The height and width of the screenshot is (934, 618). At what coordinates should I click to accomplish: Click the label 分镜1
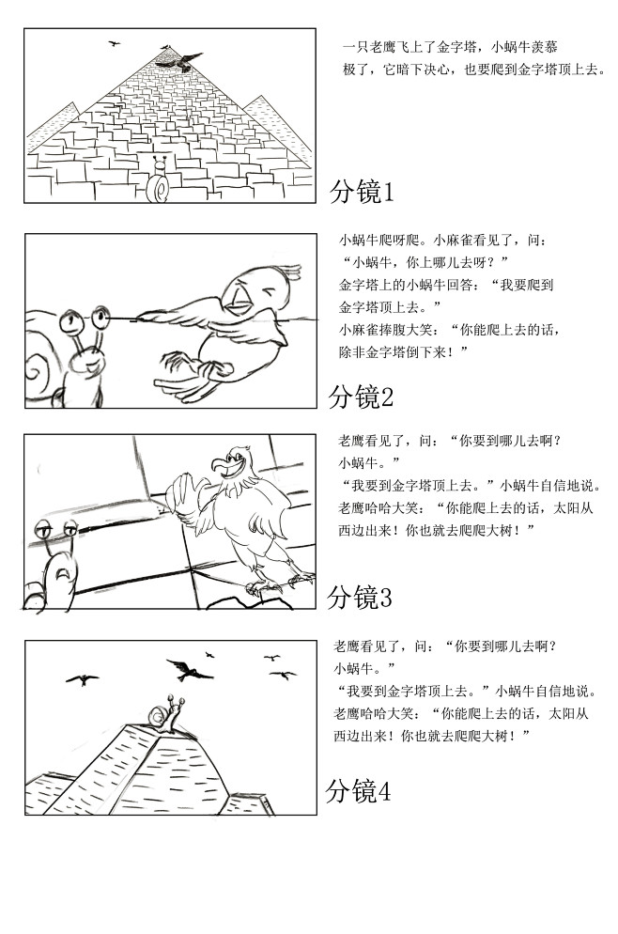362,193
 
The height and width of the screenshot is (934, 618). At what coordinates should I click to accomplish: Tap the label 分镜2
361,397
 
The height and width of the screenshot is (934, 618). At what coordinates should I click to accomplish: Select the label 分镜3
359,597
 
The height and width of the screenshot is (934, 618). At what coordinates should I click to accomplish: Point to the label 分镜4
358,792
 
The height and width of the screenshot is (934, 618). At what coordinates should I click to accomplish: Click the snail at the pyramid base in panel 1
161,183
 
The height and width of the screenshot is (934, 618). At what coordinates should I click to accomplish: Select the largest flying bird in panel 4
191,669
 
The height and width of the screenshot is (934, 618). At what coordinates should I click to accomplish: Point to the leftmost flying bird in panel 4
83,678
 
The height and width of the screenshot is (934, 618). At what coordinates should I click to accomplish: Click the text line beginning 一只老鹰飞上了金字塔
456,46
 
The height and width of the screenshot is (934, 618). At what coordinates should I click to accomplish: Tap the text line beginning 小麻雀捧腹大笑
451,330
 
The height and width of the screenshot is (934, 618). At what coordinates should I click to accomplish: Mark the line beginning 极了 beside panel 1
474,69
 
